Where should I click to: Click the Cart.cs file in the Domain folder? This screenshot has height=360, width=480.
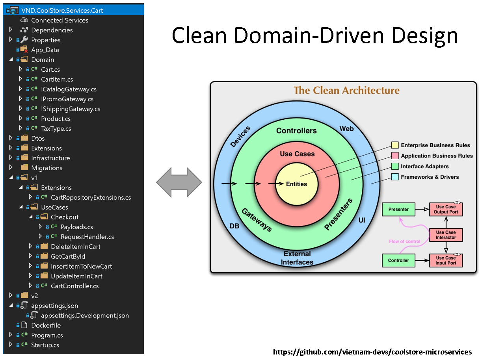click(x=50, y=69)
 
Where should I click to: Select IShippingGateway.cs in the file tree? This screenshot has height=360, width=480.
click(x=70, y=109)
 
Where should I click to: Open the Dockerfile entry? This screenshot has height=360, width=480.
click(x=46, y=325)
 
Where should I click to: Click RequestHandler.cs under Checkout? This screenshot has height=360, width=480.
click(x=87, y=237)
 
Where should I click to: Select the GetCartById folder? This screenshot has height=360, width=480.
click(x=68, y=256)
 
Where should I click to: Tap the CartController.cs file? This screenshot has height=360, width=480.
click(x=74, y=286)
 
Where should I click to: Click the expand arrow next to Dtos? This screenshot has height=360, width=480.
click(x=11, y=138)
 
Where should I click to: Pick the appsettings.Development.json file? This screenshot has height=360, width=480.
click(x=85, y=315)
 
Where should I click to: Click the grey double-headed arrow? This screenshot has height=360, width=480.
click(x=179, y=182)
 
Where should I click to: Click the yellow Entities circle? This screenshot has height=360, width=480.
click(x=296, y=184)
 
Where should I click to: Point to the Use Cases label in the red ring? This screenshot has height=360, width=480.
click(x=297, y=154)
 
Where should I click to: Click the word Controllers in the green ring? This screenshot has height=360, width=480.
click(x=296, y=131)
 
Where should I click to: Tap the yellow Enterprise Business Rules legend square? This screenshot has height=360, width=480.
click(x=394, y=145)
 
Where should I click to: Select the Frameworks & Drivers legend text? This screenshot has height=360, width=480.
click(x=430, y=177)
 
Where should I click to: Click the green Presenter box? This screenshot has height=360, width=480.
click(x=398, y=210)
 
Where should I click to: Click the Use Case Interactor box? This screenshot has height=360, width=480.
click(x=446, y=235)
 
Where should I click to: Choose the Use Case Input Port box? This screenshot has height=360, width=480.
click(x=446, y=260)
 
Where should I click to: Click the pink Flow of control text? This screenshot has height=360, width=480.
click(x=404, y=241)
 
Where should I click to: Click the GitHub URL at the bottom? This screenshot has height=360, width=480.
click(x=372, y=352)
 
